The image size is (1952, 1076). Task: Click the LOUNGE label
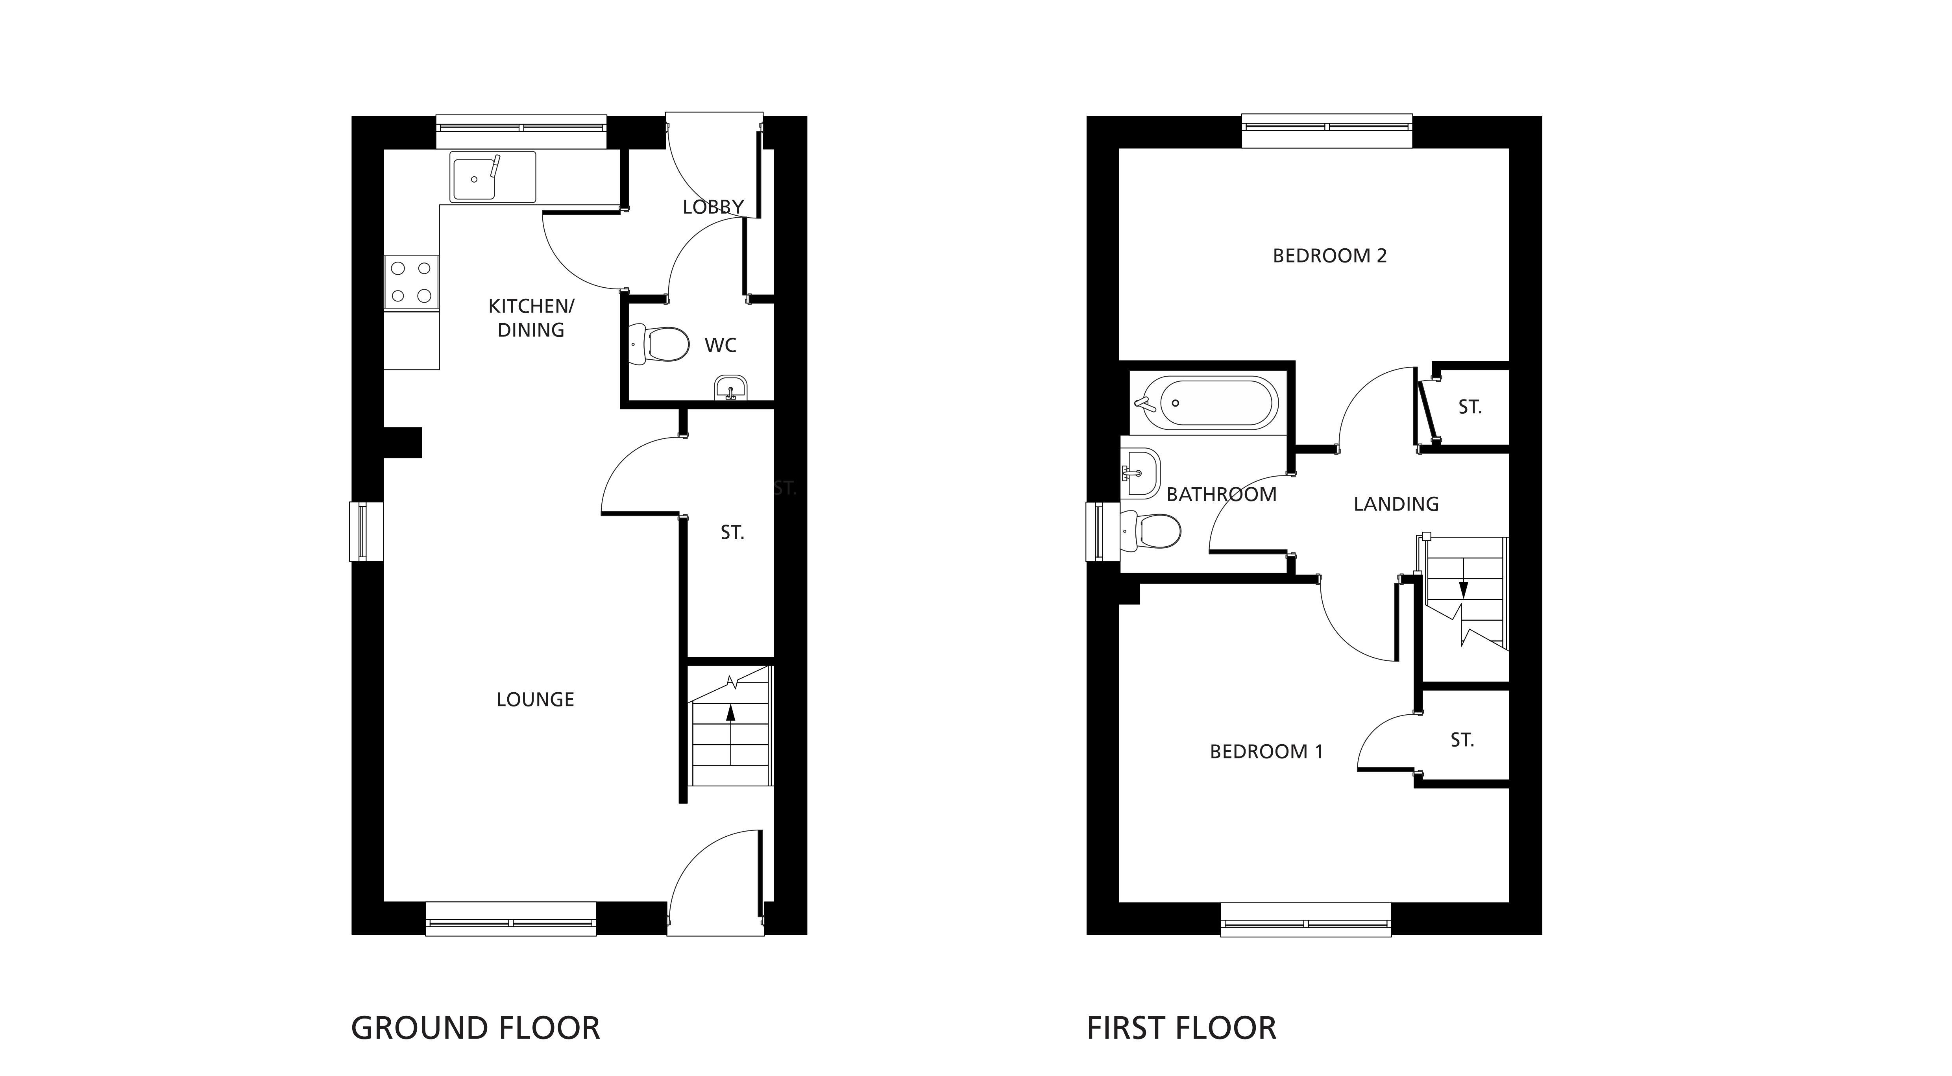(535, 699)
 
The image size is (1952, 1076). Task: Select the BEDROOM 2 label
(1330, 256)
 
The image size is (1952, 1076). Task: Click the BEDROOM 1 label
(1266, 752)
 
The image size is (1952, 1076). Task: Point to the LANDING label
(1396, 504)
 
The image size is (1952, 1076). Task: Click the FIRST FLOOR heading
(1181, 1028)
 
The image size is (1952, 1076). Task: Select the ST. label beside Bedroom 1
(1462, 740)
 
